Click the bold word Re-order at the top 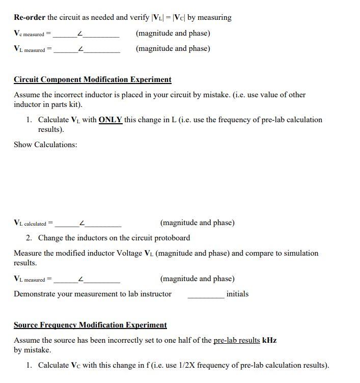point(30,17)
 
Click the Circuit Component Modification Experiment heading point(92,79)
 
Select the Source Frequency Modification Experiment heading point(90,325)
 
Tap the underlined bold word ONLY point(110,120)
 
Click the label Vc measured point(29,34)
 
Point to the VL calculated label point(30,223)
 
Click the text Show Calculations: point(45,145)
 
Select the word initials point(237,294)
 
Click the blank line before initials point(206,295)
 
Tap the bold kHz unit point(269,340)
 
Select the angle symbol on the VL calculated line point(82,224)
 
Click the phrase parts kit point(66,104)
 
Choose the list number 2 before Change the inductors point(29,238)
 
